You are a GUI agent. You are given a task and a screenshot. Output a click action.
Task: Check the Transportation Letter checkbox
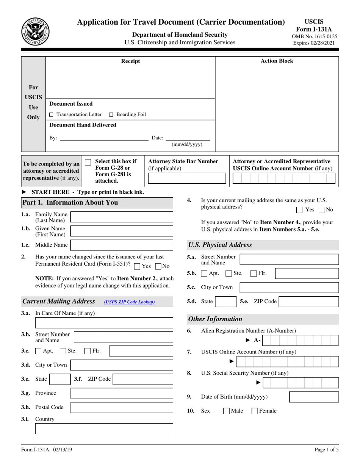[x=52, y=114]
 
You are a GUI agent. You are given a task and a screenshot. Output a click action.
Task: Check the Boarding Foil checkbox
[x=111, y=114]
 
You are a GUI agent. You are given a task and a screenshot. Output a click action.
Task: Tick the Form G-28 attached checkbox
[x=88, y=162]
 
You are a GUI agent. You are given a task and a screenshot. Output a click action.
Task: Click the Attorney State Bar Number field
[x=187, y=178]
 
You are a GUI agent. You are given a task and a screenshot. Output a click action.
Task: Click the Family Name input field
[x=122, y=217]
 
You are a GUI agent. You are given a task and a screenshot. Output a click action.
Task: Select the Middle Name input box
[x=122, y=245]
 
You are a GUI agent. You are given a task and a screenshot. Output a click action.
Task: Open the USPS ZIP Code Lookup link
[x=129, y=302]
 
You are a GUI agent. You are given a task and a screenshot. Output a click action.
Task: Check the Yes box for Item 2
[x=137, y=266]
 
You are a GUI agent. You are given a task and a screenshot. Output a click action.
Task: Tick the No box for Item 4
[x=322, y=210]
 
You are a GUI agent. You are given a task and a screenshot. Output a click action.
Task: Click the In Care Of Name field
[x=104, y=323]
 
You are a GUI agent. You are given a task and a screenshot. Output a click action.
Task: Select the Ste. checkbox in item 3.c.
[x=63, y=351]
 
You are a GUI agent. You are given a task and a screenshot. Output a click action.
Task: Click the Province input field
[x=122, y=393]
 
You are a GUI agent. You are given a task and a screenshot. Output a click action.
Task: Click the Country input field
[x=104, y=428]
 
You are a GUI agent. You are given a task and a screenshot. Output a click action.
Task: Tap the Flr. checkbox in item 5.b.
[x=254, y=274]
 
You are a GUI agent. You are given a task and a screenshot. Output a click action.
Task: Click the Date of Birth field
[x=314, y=397]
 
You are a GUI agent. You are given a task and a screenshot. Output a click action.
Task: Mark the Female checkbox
[x=255, y=411]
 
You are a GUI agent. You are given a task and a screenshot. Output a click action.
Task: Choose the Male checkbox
[x=227, y=411]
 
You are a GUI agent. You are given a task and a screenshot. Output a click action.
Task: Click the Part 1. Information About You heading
[x=70, y=203]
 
